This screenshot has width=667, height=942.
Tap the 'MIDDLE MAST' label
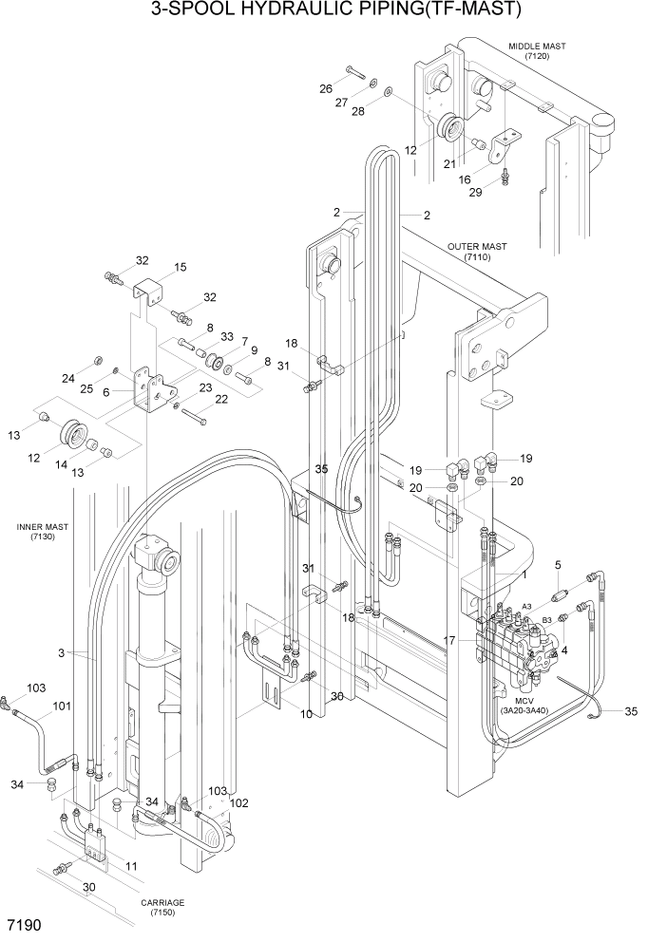click(x=536, y=46)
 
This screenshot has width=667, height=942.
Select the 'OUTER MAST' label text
click(x=477, y=246)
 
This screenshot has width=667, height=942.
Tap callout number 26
click(x=325, y=89)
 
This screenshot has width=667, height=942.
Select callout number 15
click(x=180, y=267)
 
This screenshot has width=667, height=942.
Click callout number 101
click(x=61, y=706)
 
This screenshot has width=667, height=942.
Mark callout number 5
click(x=558, y=565)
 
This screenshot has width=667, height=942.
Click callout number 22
click(x=220, y=399)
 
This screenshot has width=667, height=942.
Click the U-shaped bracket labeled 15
click(x=148, y=289)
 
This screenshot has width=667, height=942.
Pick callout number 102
click(x=239, y=802)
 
